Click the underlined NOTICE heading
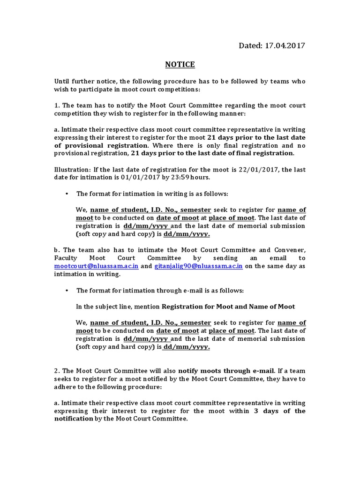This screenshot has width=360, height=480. point(180,64)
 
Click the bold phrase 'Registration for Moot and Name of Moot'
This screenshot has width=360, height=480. point(228,307)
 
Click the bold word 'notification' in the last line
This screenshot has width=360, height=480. point(74,419)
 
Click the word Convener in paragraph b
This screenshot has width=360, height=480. point(288,250)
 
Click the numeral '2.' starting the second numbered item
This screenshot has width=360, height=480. point(57,370)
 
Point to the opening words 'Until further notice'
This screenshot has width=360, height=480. point(82,81)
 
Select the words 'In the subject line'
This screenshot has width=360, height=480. point(106,307)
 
